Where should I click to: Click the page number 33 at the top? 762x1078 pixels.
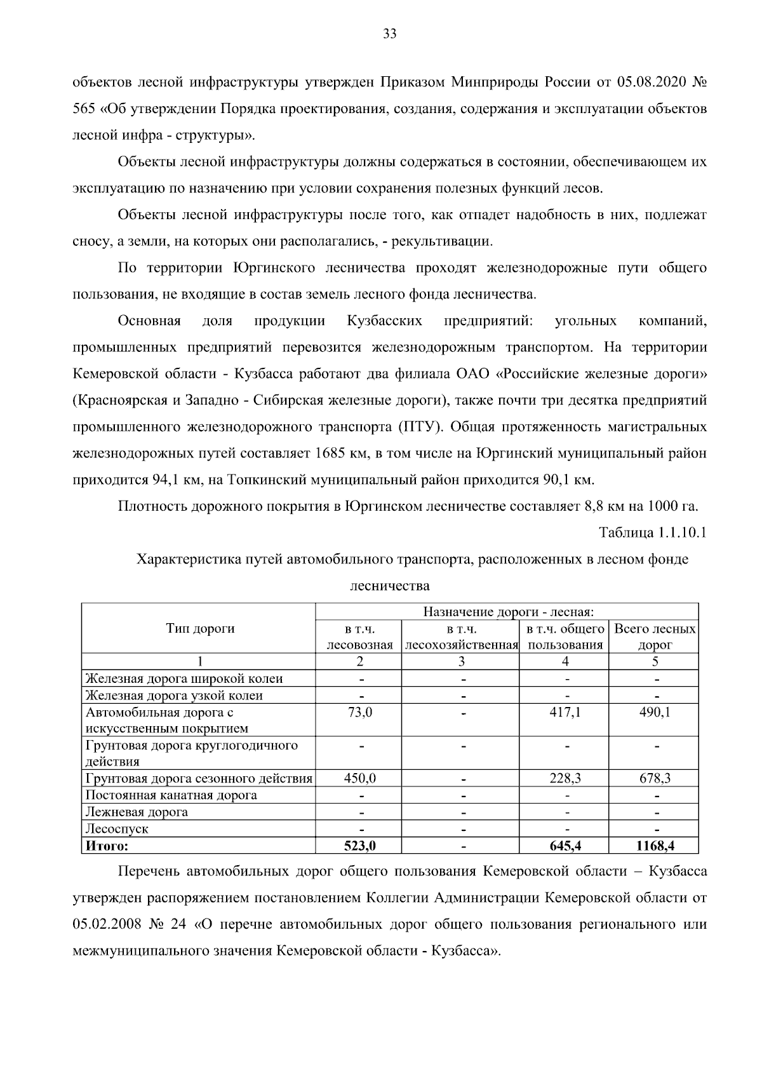coord(390,34)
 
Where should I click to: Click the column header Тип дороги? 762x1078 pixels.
coord(200,628)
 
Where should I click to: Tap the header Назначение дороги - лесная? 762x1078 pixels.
coord(508,612)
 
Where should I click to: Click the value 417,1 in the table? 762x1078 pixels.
coord(565,712)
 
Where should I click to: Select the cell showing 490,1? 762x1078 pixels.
coord(654,712)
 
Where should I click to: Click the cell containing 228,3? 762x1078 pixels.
coord(565,778)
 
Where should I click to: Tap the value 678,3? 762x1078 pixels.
coord(654,778)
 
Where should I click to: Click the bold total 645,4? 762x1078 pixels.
coord(565,846)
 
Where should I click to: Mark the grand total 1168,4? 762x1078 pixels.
coord(654,846)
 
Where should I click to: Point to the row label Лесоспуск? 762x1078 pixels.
coord(117,828)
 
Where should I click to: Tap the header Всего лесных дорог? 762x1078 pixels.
coord(655,637)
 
